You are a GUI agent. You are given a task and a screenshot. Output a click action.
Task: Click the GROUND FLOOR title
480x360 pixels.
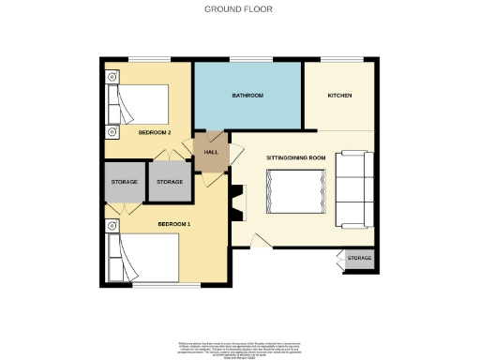click(239, 9)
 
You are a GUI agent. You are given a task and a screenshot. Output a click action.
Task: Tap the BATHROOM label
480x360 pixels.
click(247, 96)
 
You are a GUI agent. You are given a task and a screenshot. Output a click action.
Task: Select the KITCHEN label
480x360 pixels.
click(339, 96)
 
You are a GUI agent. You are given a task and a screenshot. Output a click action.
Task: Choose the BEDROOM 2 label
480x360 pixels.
click(155, 133)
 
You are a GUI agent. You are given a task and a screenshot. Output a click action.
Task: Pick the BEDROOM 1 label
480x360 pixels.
click(173, 224)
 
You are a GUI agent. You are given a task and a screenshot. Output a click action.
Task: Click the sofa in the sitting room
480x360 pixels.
click(354, 189)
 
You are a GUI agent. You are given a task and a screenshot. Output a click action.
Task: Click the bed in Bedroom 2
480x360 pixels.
click(141, 105)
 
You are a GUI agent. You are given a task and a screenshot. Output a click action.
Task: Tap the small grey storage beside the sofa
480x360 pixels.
click(359, 259)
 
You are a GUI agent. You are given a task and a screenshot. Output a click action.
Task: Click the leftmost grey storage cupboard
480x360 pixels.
click(125, 182)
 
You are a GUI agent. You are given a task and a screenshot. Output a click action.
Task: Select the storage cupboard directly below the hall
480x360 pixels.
click(170, 182)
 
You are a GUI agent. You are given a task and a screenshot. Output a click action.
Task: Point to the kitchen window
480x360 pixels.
click(339, 62)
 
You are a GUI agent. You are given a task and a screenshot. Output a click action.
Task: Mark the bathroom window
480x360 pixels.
click(247, 62)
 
